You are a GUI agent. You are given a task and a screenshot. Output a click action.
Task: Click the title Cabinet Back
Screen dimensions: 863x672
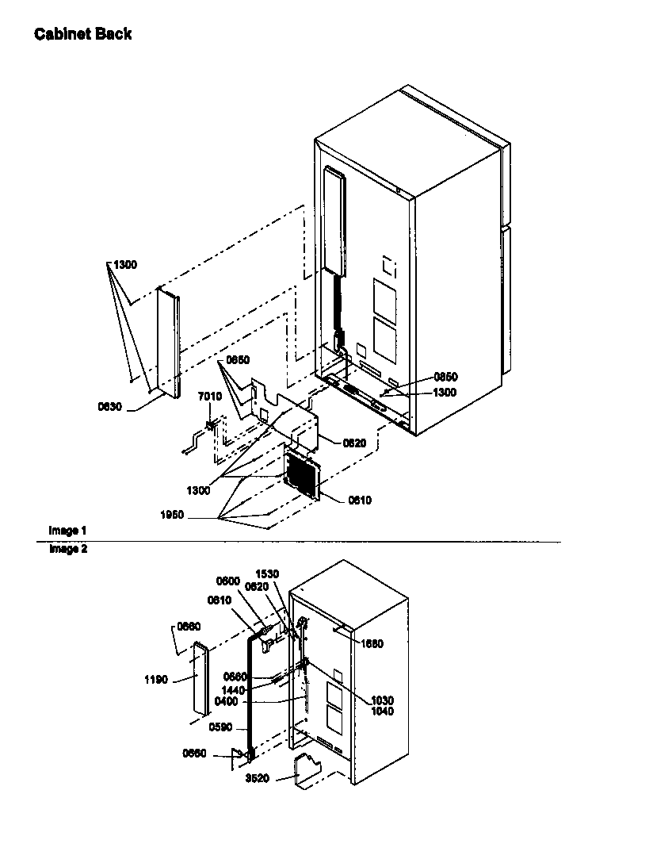(82, 34)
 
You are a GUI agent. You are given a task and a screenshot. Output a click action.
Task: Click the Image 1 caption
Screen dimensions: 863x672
(67, 531)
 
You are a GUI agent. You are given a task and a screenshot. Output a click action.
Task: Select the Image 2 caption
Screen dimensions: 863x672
(67, 548)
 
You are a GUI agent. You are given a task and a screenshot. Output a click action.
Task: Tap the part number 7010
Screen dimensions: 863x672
(209, 396)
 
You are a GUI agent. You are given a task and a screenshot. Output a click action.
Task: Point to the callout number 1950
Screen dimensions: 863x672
(170, 515)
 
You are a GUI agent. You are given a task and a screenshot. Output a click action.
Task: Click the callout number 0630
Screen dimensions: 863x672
(110, 406)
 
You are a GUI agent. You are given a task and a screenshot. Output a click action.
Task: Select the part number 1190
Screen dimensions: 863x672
(155, 680)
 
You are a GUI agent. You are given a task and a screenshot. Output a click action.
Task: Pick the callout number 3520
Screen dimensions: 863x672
(258, 778)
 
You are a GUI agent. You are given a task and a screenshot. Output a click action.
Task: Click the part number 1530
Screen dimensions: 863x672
(267, 573)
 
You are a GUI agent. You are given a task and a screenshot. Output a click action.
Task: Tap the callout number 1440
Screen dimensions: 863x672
(234, 690)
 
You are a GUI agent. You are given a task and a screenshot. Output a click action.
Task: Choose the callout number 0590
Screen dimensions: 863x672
(221, 727)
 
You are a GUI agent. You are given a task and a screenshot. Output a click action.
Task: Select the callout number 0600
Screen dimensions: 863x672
(229, 581)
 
